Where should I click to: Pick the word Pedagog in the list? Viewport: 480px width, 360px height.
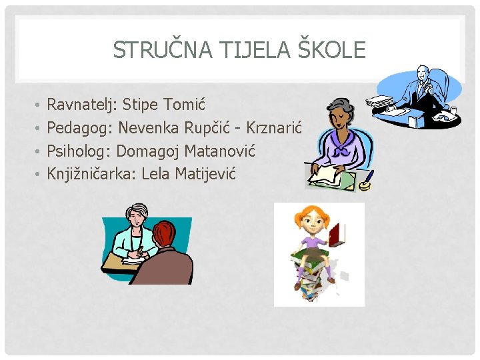(79, 129)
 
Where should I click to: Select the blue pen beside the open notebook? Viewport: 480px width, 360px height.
(367, 179)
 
